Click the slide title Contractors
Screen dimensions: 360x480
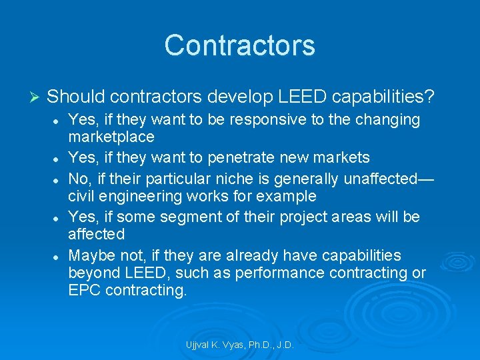pos(239,45)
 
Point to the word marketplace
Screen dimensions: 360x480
pos(111,137)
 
